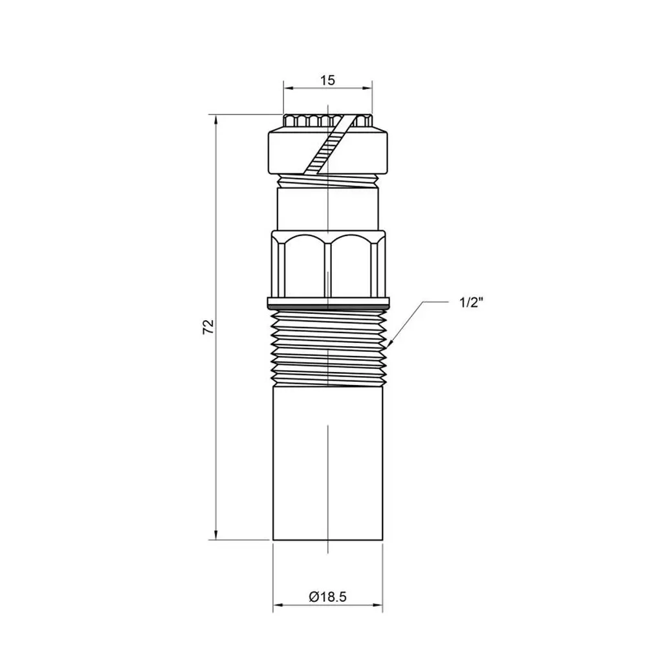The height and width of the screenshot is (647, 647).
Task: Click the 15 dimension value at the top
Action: tap(327, 80)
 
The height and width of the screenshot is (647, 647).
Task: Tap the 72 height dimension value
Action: tap(209, 326)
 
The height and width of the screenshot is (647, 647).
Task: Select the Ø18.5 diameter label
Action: tap(327, 597)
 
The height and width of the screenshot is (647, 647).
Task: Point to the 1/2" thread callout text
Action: tap(471, 303)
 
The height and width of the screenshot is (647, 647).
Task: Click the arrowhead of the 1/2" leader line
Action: tap(390, 342)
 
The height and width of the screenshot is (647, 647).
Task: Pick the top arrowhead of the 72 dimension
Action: tap(215, 120)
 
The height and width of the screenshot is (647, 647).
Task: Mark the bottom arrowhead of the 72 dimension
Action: tap(215, 534)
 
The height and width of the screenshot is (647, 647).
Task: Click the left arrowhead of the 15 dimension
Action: tap(289, 88)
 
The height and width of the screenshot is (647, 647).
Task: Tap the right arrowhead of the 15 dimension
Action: tap(366, 88)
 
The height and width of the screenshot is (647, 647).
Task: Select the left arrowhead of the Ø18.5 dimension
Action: tap(278, 606)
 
